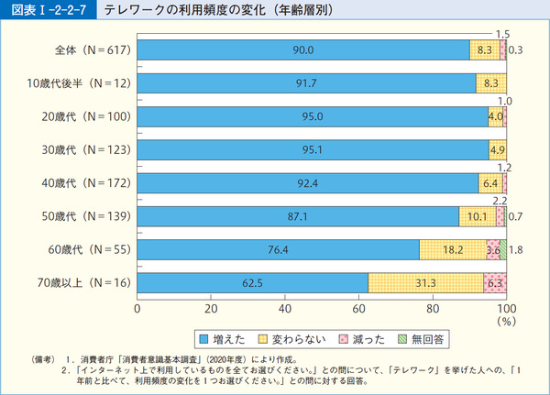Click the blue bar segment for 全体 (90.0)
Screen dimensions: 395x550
[x=302, y=50]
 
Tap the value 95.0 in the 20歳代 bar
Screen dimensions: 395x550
[x=312, y=116]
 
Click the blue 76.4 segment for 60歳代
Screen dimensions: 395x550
[x=278, y=248]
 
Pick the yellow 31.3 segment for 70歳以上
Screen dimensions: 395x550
[x=425, y=281]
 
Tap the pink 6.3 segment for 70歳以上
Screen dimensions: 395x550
[x=495, y=281]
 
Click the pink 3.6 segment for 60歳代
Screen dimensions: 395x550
[x=493, y=248]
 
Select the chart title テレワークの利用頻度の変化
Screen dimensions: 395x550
[x=211, y=10]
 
